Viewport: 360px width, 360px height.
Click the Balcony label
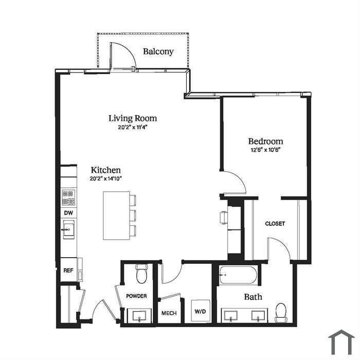click(158, 51)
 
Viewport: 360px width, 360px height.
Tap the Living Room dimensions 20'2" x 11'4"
click(133, 127)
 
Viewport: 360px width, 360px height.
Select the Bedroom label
click(266, 141)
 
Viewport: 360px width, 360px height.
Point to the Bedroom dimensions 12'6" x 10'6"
click(266, 150)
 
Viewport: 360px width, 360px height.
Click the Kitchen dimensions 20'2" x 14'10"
click(105, 178)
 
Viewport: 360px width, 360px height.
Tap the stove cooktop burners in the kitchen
click(68, 197)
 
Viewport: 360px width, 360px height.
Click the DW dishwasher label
click(68, 213)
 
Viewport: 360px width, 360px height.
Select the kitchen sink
click(68, 229)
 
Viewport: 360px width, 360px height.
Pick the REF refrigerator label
click(68, 270)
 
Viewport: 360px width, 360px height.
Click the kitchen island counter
click(116, 215)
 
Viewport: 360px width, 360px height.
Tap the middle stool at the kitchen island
click(133, 215)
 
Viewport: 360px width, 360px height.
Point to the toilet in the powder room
click(141, 274)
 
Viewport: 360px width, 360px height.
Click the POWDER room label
click(136, 296)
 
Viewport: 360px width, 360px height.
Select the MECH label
click(169, 313)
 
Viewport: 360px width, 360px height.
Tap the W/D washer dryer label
click(200, 311)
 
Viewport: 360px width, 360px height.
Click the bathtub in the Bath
click(238, 275)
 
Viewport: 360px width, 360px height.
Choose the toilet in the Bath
click(281, 312)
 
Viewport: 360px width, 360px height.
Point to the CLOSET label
click(275, 223)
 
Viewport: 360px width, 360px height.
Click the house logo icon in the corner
click(341, 343)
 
